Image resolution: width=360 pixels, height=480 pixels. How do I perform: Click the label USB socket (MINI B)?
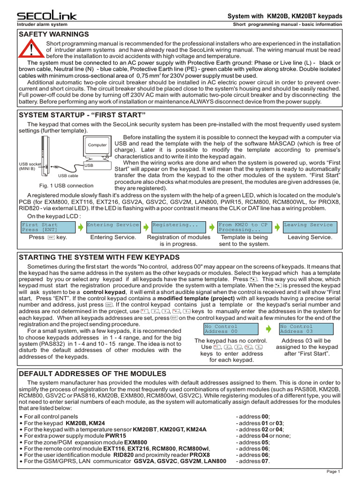28,166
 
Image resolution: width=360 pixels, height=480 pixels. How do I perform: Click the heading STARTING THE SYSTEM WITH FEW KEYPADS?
98,257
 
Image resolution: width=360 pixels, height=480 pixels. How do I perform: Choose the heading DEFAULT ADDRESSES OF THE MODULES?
92,373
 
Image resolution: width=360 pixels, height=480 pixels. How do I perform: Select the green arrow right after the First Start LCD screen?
80,227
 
